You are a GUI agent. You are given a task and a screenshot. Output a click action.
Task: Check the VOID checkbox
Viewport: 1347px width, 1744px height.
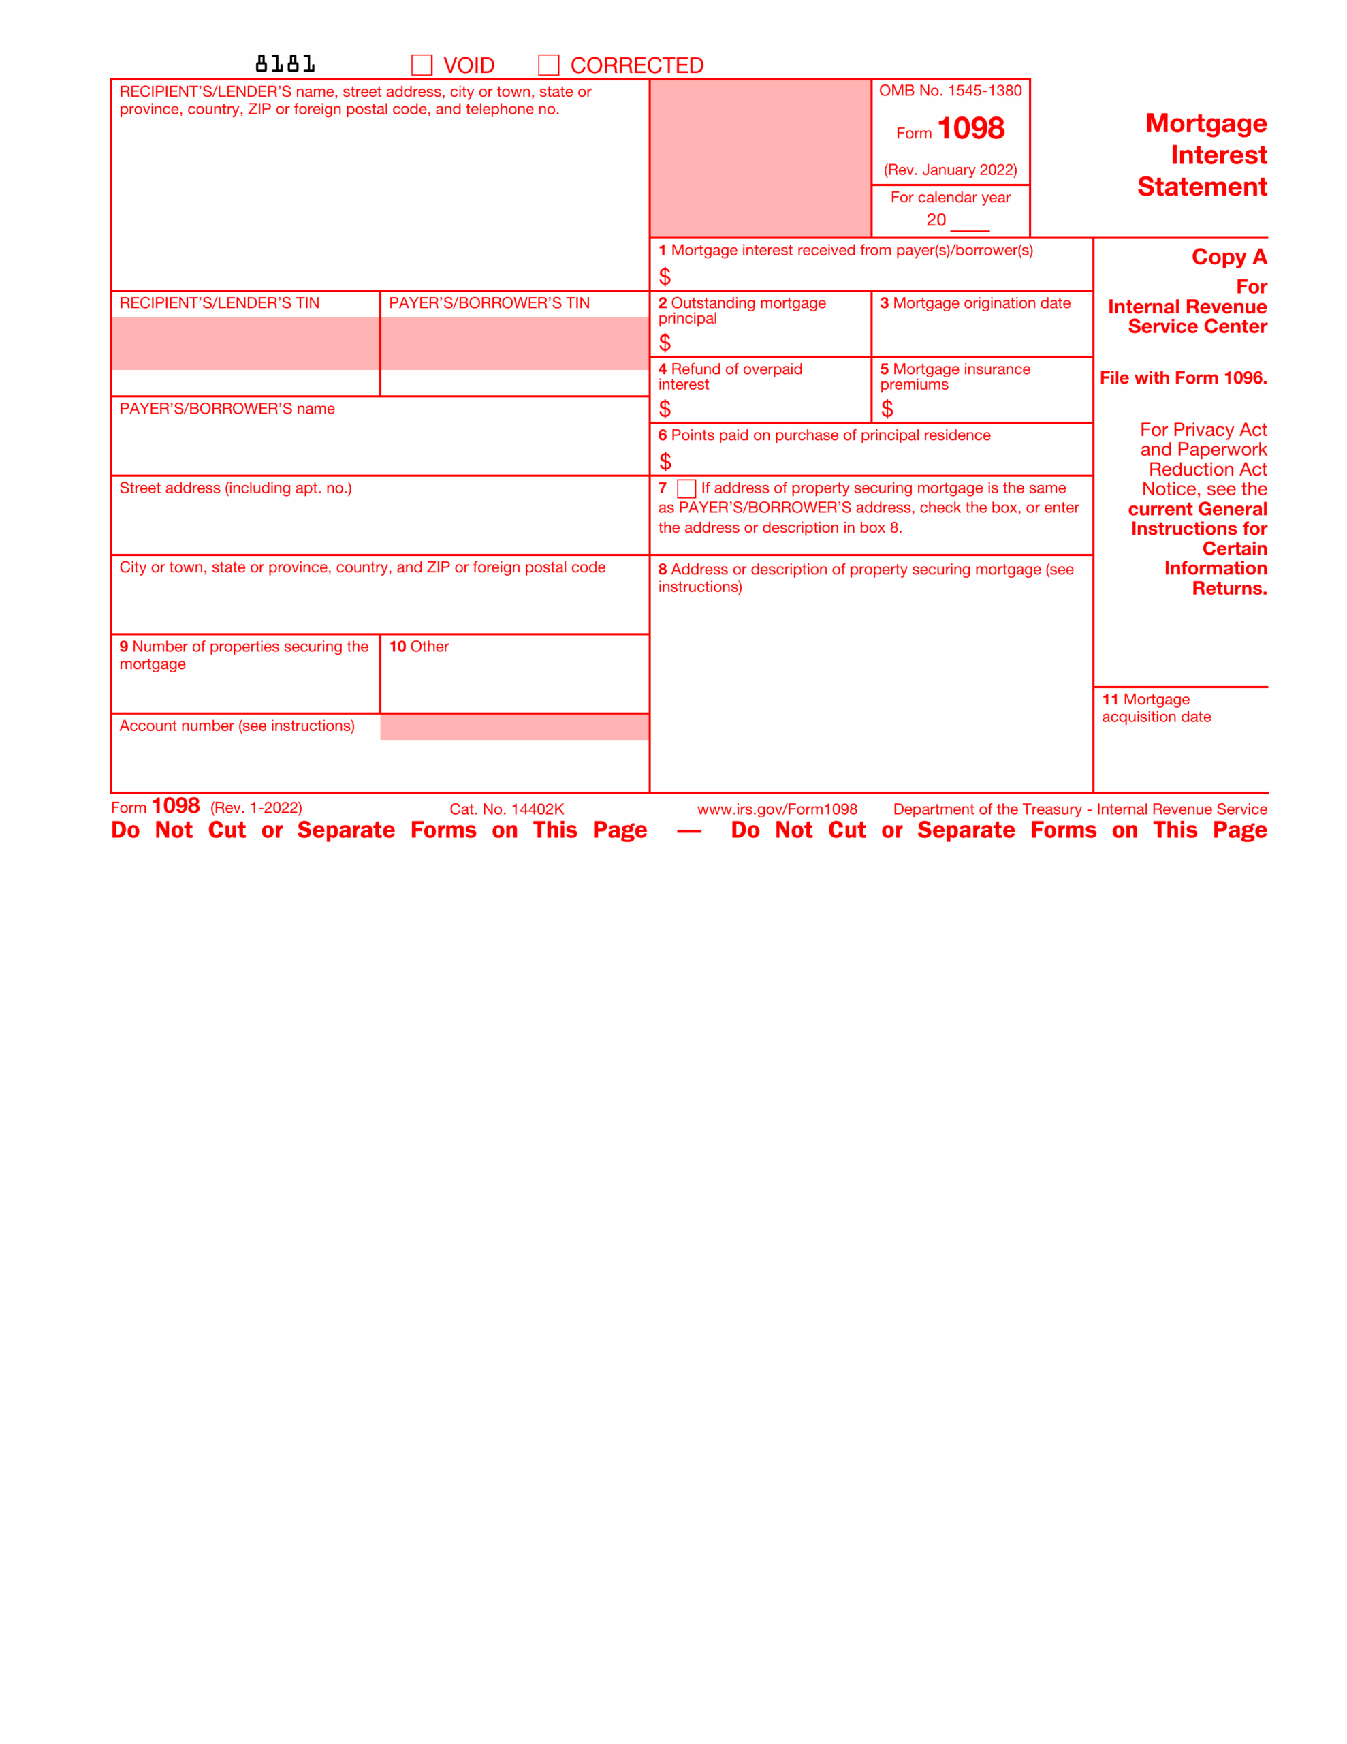tap(422, 65)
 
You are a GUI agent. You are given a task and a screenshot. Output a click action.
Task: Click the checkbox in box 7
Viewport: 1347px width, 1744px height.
tap(686, 488)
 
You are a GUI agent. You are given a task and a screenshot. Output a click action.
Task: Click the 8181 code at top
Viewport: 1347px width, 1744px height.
tap(285, 64)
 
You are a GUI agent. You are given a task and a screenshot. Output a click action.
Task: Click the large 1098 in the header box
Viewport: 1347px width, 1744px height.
tap(970, 129)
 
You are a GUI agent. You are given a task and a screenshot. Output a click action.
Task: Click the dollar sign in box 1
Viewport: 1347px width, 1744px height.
tap(665, 277)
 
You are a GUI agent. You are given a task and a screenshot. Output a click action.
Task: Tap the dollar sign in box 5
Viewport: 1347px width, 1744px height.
tap(886, 409)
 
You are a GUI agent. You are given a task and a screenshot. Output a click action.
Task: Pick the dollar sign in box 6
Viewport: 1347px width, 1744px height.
tap(665, 462)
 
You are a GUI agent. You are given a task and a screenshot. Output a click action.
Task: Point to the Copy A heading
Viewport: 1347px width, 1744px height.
tap(1229, 257)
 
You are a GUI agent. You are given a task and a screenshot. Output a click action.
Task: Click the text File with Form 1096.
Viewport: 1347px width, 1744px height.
tap(1182, 377)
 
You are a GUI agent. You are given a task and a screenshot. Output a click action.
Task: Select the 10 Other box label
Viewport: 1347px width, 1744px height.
tap(419, 647)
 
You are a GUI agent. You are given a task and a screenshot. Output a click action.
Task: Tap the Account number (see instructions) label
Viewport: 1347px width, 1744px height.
tap(237, 726)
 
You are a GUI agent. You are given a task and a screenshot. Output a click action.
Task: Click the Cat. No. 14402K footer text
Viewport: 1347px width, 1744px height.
tap(506, 809)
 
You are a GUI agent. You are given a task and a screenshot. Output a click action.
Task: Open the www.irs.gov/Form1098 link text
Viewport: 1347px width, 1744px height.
tap(777, 809)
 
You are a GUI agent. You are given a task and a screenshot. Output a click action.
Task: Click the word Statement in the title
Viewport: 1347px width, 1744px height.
tap(1202, 187)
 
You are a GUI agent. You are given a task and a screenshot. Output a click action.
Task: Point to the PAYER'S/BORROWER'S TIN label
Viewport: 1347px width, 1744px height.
tap(489, 303)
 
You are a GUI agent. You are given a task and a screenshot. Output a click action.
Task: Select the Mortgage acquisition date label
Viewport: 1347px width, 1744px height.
tap(1156, 708)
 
